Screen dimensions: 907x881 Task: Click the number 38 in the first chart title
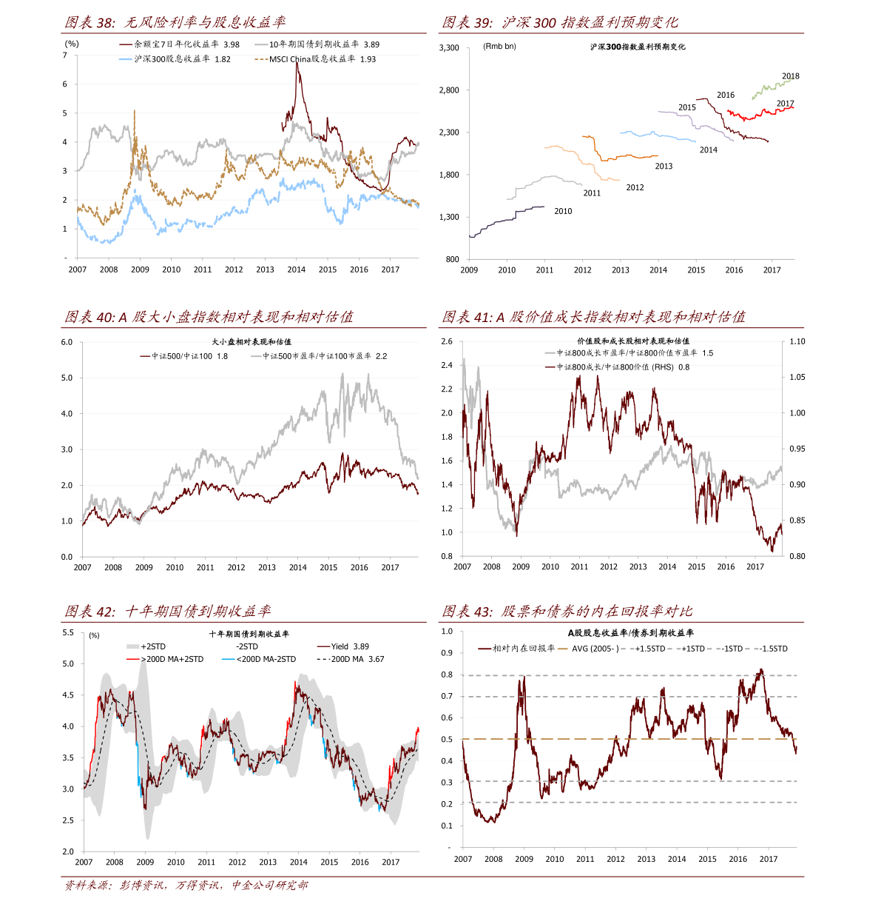tap(104, 23)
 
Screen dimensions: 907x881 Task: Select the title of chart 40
tap(209, 318)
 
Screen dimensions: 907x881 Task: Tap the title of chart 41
tap(594, 318)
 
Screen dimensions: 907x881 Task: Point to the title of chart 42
tap(167, 612)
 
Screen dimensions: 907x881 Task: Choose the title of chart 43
tap(567, 612)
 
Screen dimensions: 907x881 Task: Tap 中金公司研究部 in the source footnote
tap(270, 886)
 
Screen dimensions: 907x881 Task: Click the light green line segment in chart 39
tap(772, 87)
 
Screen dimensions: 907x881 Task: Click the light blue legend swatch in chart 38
tap(126, 58)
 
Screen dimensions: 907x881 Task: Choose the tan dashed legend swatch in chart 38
tap(261, 58)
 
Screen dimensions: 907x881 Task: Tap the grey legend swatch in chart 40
tap(256, 356)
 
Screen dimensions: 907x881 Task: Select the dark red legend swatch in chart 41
tap(550, 366)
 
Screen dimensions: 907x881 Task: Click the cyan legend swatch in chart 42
tap(228, 658)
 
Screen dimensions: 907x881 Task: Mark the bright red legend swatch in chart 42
tap(132, 658)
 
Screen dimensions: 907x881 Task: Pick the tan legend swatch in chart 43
tap(563, 649)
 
